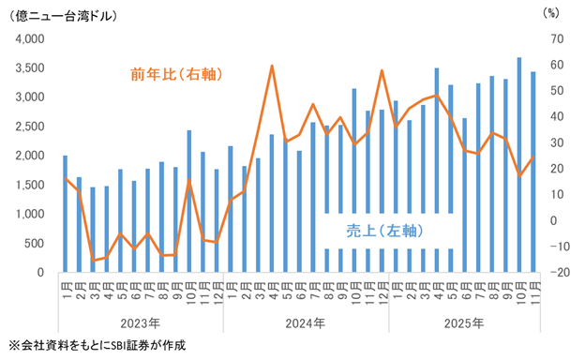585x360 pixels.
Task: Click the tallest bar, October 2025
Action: [x=518, y=165]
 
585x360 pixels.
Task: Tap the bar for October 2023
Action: [x=189, y=202]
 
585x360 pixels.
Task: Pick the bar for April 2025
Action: [x=436, y=170]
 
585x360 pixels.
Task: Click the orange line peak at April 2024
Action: [x=271, y=66]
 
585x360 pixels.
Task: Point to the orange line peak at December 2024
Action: [x=382, y=70]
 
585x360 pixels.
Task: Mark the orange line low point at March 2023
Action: [x=93, y=261]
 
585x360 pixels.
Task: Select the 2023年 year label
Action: [x=141, y=324]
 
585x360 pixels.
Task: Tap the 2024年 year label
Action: [x=306, y=324]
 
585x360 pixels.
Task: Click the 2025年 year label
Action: [x=464, y=324]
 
